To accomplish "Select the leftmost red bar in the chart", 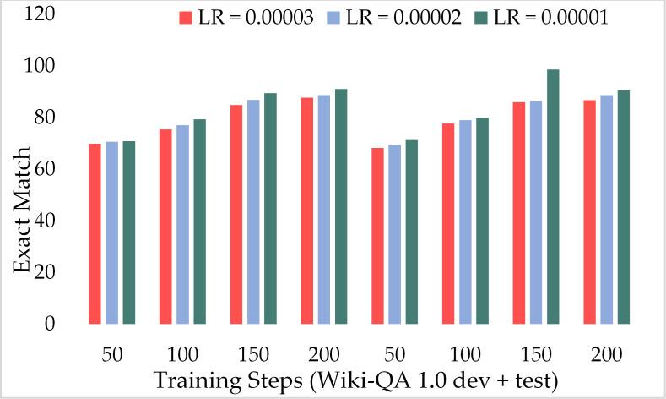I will tap(95, 234).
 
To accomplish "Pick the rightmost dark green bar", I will tap(624, 207).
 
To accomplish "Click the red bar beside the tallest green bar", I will tap(518, 213).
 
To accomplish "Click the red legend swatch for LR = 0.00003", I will tap(185, 16).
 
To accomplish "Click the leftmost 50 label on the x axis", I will tap(111, 353).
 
